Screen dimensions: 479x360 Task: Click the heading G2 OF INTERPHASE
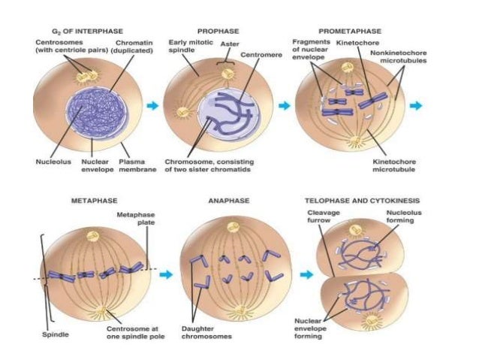click(73, 33)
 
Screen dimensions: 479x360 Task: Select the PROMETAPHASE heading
click(349, 33)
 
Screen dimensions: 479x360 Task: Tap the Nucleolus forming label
click(386, 216)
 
